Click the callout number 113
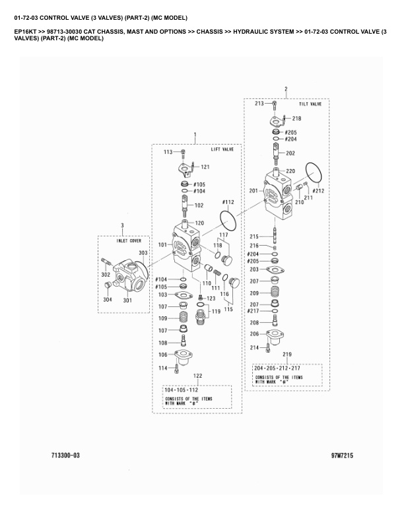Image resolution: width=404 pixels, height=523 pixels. (x=168, y=152)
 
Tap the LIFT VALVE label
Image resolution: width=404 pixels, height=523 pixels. (x=222, y=150)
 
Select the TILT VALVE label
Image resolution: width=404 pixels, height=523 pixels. (x=310, y=104)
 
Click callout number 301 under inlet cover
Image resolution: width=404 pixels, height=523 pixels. (x=127, y=300)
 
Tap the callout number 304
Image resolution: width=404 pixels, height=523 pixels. (x=108, y=300)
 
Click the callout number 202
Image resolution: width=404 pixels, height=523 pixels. (x=290, y=153)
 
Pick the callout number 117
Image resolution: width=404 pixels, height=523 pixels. (x=223, y=235)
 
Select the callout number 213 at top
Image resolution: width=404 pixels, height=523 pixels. (x=259, y=104)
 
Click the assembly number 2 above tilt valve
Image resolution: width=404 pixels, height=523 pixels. (x=285, y=88)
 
